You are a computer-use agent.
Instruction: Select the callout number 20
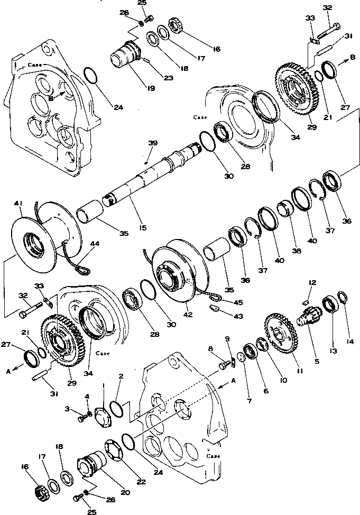[125, 493]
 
